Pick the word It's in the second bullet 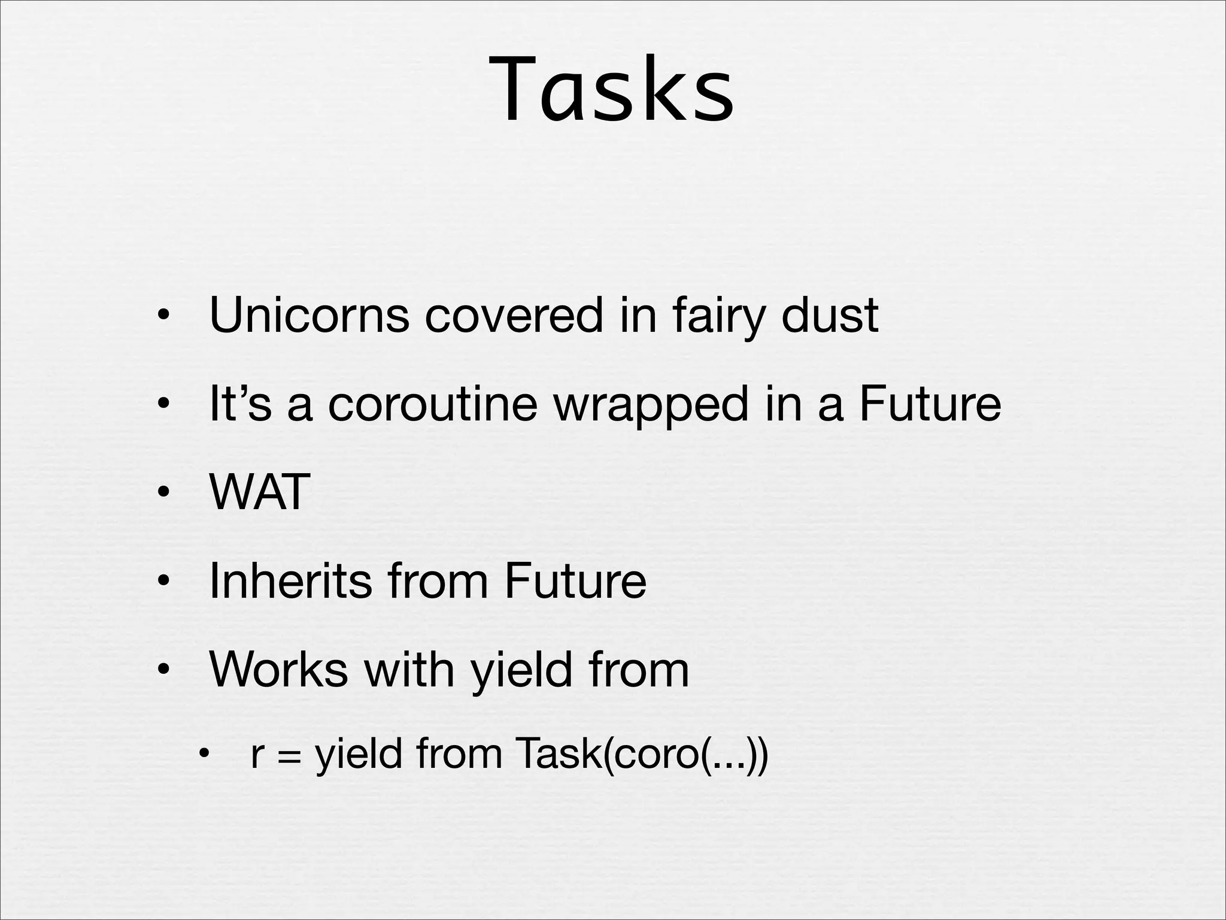240,403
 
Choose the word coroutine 432,403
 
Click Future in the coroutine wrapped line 930,403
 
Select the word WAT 260,492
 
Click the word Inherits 290,580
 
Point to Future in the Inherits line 575,580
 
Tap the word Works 278,669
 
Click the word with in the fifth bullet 409,669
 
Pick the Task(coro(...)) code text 640,753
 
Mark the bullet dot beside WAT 162,493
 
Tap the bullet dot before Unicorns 162,316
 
